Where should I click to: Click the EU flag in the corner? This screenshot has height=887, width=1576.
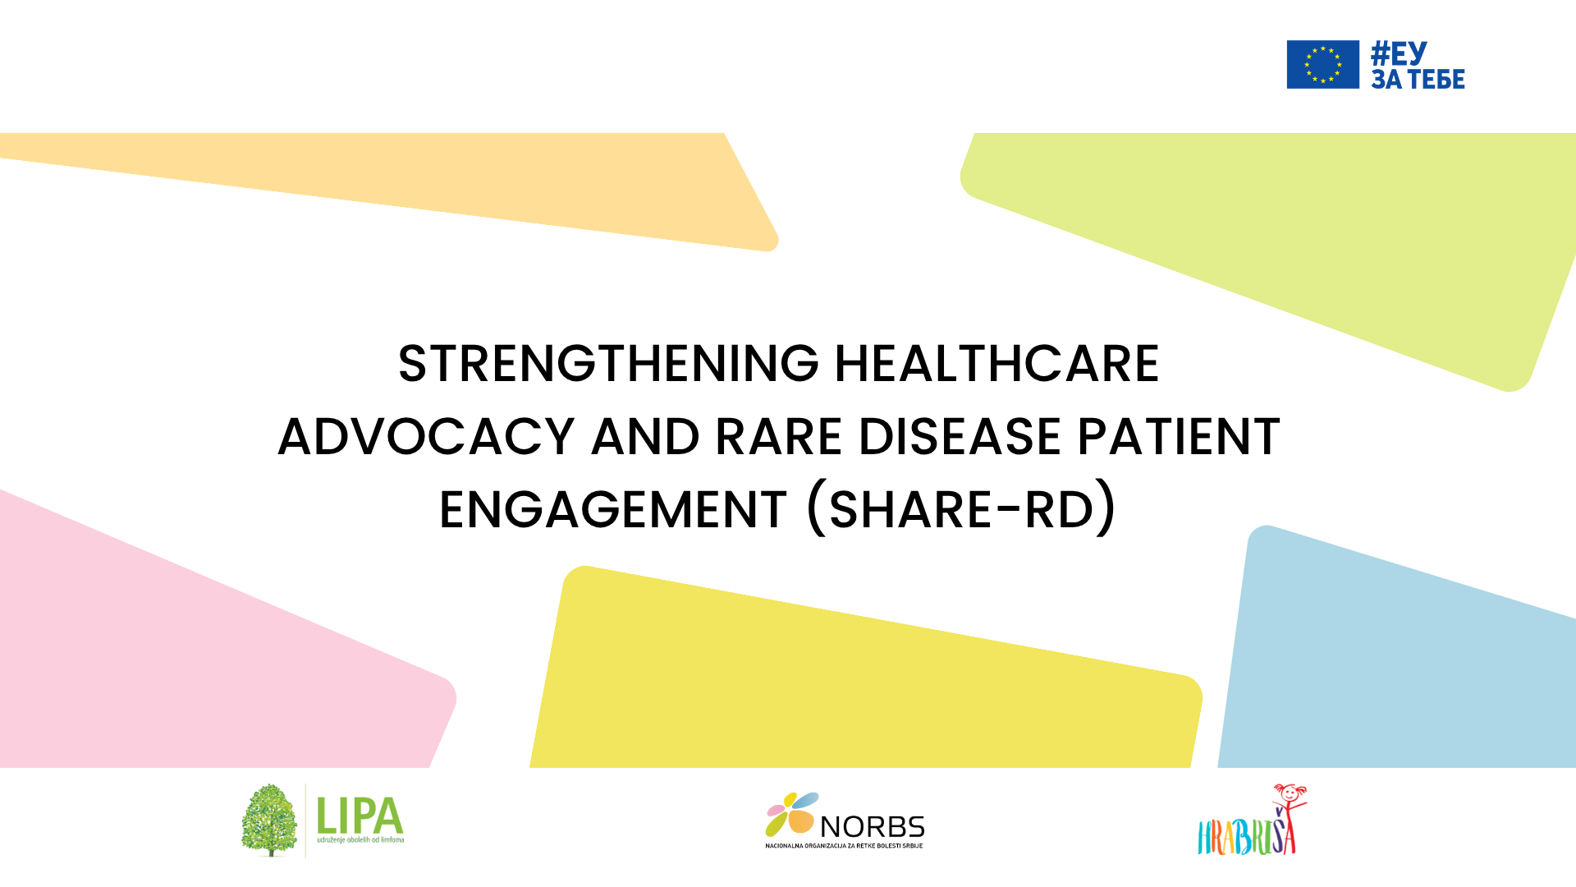tap(1322, 64)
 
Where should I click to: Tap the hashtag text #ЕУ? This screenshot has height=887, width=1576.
tap(1400, 53)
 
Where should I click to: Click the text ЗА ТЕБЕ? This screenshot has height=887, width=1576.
tap(1418, 79)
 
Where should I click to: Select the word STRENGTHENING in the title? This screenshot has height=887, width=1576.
tap(608, 364)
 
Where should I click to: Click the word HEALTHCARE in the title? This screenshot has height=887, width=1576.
tap(996, 364)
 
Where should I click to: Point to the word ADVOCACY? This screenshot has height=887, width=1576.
tap(427, 436)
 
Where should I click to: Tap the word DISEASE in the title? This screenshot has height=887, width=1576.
tap(960, 436)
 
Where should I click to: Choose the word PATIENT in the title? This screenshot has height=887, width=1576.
tap(1179, 436)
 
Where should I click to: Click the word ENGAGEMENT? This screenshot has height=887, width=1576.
tap(613, 509)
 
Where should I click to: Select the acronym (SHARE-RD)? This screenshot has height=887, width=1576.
tap(962, 508)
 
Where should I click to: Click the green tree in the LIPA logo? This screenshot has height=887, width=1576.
tap(269, 820)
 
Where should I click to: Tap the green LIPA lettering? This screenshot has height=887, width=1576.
tap(360, 815)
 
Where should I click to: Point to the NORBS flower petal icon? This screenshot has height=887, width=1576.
tap(791, 813)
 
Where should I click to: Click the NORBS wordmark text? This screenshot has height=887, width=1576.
tap(873, 827)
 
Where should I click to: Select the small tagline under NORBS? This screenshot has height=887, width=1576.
tap(844, 846)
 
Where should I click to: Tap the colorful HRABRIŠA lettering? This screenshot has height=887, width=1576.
tap(1246, 836)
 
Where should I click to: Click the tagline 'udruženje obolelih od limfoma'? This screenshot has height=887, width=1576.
tap(360, 840)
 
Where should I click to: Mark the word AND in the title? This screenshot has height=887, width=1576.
tap(646, 436)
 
